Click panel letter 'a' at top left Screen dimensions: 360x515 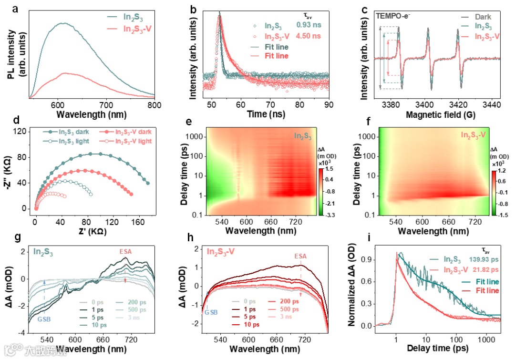coord(9,8)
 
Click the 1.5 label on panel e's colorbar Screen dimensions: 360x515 coord(330,169)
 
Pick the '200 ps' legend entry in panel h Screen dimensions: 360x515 coord(288,301)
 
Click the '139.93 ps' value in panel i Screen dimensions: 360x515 coord(483,259)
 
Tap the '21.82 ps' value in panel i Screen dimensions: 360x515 coord(484,269)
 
